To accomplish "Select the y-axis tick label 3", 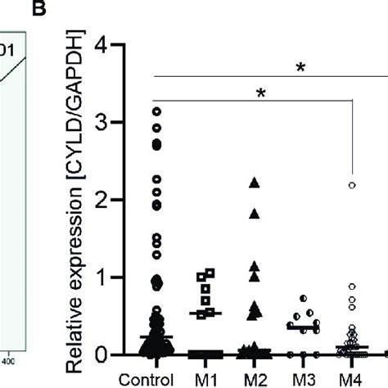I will (x=102, y=123).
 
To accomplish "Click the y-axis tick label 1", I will (x=102, y=277).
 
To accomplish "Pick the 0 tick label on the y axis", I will (x=102, y=354).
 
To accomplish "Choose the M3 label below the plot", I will (x=304, y=379).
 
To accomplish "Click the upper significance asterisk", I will (x=300, y=68).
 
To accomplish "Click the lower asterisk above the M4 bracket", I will (x=261, y=93).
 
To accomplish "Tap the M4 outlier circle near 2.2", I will (x=352, y=185).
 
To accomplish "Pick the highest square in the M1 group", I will (x=210, y=273).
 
